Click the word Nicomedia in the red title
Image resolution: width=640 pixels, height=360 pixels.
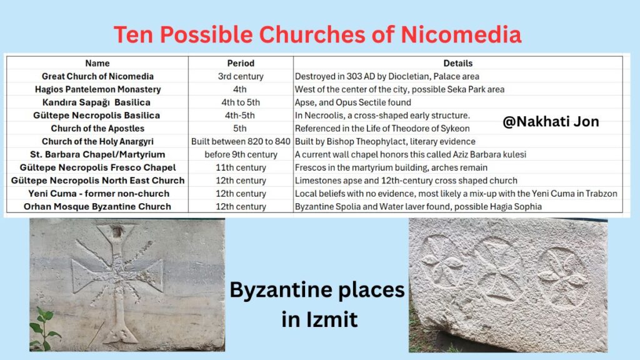coord(461,34)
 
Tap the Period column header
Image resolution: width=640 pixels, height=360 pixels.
coord(241,63)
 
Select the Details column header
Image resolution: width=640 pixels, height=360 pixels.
coord(458,63)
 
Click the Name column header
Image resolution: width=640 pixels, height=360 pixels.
coord(97,63)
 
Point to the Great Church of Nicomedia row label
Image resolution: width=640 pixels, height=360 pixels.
coord(97,76)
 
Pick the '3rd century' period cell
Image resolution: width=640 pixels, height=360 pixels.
coord(241,76)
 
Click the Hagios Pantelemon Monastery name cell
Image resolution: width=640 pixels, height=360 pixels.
coord(97,89)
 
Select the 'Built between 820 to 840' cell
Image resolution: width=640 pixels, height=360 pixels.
coord(241,142)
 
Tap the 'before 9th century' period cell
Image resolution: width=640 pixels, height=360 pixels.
coord(241,155)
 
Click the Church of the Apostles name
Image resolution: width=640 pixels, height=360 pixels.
coord(97,129)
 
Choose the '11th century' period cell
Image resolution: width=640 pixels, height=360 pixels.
coord(241,167)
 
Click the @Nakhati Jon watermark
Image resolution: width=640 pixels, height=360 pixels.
coord(551,122)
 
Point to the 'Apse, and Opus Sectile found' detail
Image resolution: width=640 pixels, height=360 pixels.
coord(352,102)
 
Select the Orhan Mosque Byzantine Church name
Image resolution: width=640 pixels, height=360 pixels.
coord(97,206)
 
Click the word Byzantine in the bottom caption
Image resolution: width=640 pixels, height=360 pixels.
coord(281,291)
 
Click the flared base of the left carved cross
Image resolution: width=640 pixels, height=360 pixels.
coord(120,332)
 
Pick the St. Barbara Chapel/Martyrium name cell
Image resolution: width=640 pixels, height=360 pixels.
coord(97,155)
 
